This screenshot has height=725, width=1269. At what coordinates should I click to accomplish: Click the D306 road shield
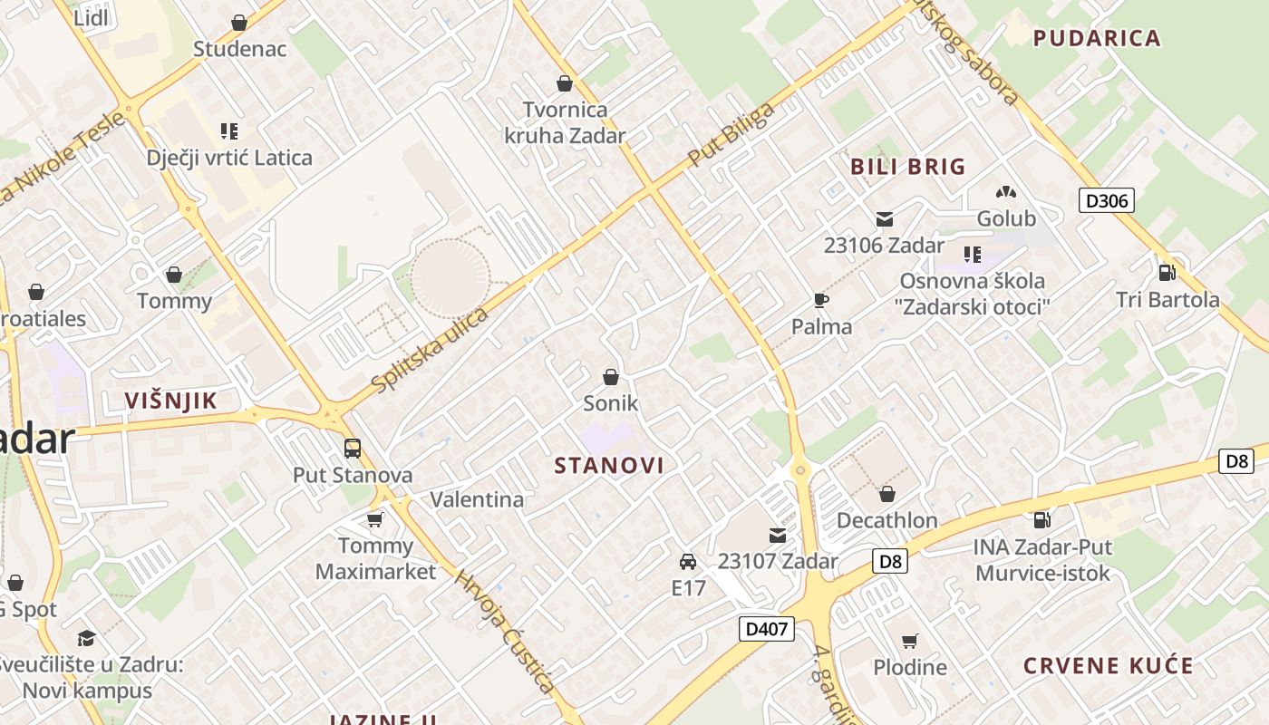tap(1107, 200)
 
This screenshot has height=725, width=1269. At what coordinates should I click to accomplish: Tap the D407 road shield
tap(767, 628)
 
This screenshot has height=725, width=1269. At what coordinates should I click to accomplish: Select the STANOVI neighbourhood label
tap(609, 466)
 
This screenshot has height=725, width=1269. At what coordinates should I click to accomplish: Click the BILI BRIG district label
tap(908, 167)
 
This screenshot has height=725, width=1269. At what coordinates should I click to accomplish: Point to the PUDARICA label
tap(1097, 38)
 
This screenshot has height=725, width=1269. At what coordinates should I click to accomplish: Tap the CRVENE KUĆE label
tap(1109, 666)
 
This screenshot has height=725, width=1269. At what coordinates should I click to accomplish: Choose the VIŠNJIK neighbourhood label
tap(170, 401)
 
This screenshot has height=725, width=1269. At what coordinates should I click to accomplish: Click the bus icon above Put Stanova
tap(353, 448)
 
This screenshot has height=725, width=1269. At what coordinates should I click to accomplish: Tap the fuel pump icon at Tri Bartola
tap(1167, 272)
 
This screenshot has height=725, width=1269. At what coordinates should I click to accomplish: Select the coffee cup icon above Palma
tap(821, 300)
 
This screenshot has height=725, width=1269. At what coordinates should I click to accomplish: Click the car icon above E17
tap(688, 561)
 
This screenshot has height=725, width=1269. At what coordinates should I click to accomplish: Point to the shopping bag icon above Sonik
tap(611, 377)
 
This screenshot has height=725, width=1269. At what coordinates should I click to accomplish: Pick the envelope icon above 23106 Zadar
tap(884, 219)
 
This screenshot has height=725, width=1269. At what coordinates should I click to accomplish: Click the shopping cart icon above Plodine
tap(909, 641)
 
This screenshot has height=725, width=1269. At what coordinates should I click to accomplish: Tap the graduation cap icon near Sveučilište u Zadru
tap(86, 638)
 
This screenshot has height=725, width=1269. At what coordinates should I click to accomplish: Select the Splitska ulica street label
tap(431, 350)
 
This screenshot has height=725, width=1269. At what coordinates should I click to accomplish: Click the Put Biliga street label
tap(731, 134)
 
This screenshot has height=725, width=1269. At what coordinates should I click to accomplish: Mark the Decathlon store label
tap(886, 520)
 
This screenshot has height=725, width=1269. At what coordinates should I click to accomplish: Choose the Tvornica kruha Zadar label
tap(565, 122)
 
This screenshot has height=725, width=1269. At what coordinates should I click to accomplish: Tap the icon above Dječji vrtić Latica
tap(229, 131)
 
